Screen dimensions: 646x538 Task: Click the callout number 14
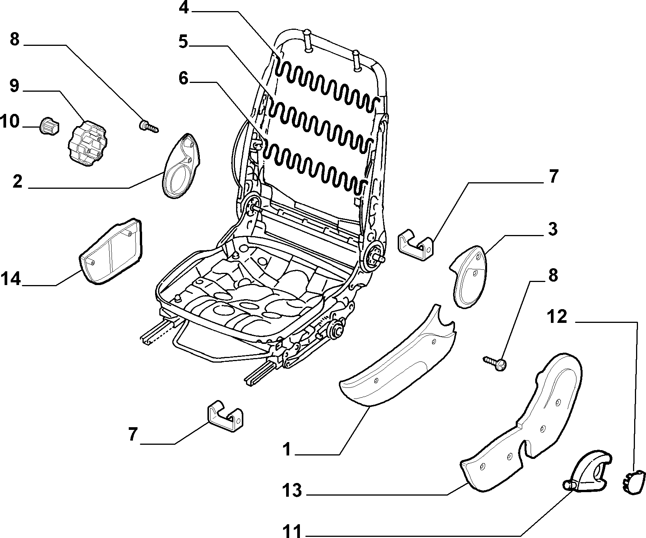coord(11,279)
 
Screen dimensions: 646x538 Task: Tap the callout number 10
coord(10,122)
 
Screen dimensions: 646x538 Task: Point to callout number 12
coord(557,317)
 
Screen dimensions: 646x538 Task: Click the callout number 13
coord(292,490)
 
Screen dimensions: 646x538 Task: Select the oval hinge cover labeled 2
coord(181,166)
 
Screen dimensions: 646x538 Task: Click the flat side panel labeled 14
coord(110,251)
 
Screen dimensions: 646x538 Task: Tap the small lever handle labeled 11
coord(587,473)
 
